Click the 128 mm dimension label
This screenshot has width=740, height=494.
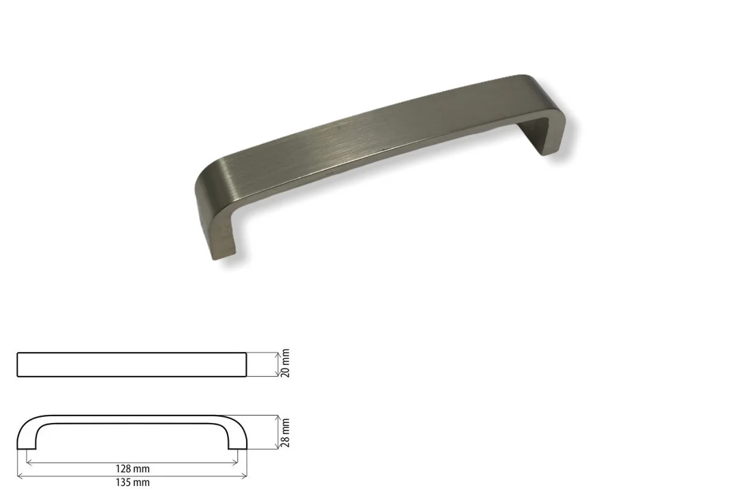click(x=133, y=469)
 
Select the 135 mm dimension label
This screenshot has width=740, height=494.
click(x=133, y=482)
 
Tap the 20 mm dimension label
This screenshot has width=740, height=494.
click(x=285, y=363)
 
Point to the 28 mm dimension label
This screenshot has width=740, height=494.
click(x=285, y=433)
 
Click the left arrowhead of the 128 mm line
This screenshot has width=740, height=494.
click(x=29, y=463)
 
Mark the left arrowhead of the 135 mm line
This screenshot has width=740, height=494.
click(x=20, y=476)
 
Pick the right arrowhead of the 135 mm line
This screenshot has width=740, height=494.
click(x=244, y=476)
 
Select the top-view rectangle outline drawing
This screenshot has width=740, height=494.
click(x=132, y=353)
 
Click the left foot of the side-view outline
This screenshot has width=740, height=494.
click(x=27, y=448)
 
